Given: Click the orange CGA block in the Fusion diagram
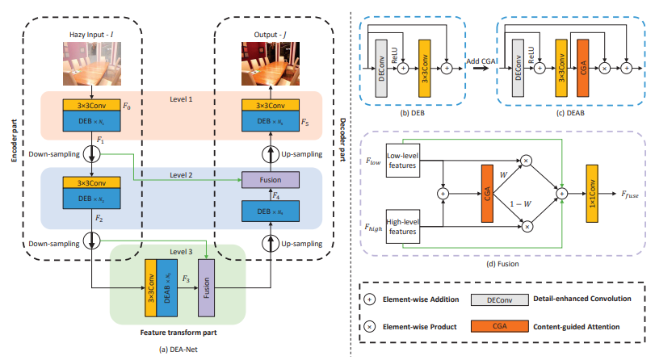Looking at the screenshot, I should pyautogui.click(x=487, y=193).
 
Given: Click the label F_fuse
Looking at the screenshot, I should pyautogui.click(x=633, y=195).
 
